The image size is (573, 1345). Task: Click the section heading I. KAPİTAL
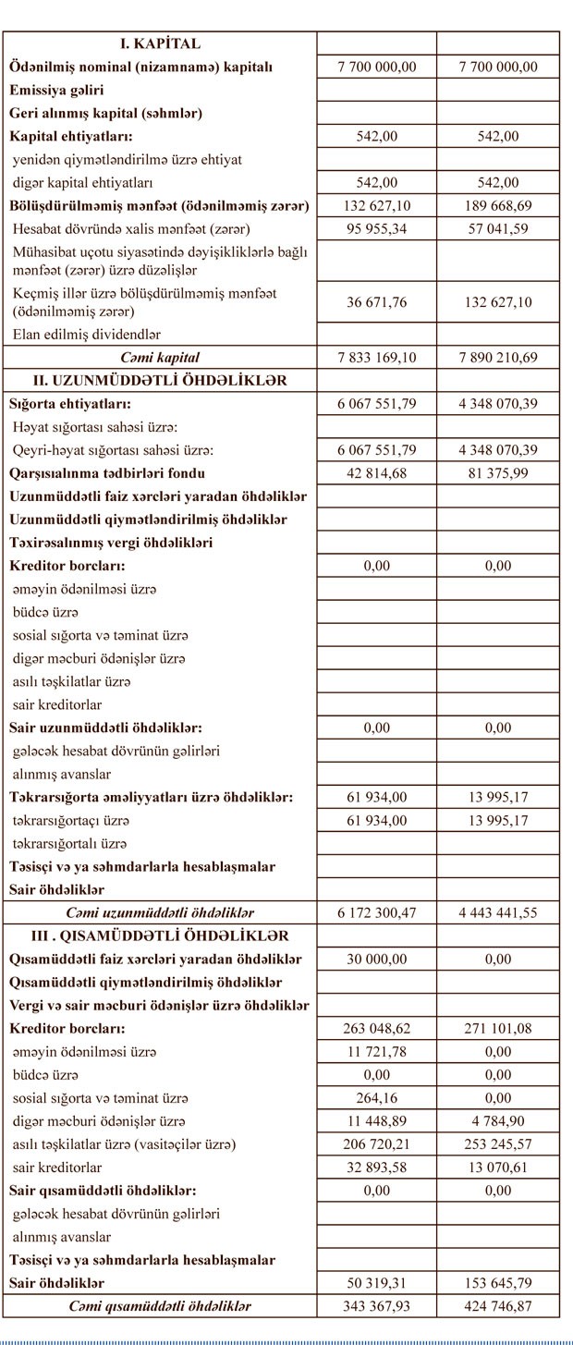pyautogui.click(x=160, y=43)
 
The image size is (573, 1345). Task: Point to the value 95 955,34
pyautogui.click(x=376, y=228)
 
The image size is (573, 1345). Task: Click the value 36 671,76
pyautogui.click(x=376, y=301)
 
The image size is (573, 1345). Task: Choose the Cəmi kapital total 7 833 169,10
pyautogui.click(x=376, y=357)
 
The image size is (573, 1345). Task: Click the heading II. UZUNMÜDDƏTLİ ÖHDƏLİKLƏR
pyautogui.click(x=160, y=380)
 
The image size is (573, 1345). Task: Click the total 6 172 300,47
pyautogui.click(x=376, y=912)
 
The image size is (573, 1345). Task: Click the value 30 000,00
pyautogui.click(x=376, y=959)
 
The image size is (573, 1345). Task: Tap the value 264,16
pyautogui.click(x=376, y=1098)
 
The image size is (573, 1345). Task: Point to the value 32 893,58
pyautogui.click(x=376, y=1168)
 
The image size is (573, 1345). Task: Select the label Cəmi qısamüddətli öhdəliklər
pyautogui.click(x=160, y=1306)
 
